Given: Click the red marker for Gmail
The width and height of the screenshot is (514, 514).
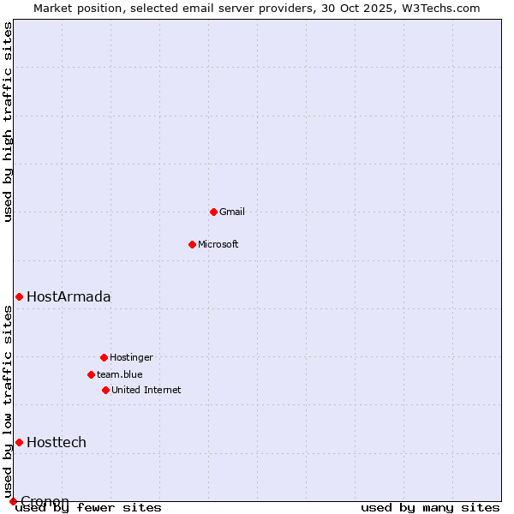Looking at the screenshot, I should (x=213, y=212).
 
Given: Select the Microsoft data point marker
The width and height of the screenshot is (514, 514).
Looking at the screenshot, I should (x=192, y=244).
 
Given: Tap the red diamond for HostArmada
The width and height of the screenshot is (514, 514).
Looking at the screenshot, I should (x=19, y=296).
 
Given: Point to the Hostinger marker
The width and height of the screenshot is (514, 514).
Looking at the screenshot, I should (x=104, y=357).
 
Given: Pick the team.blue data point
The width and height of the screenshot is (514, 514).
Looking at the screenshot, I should (x=91, y=374).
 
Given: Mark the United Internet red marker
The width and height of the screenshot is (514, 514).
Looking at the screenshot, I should (x=105, y=390).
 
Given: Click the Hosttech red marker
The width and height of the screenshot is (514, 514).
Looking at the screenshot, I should (x=19, y=442).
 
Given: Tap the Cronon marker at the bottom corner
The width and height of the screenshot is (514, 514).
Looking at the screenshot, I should (x=13, y=501).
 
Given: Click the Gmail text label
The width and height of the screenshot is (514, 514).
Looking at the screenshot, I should (x=232, y=212).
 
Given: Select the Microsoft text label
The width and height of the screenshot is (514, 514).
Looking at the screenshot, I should (x=218, y=244).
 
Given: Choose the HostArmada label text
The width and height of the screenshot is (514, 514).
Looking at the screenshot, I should (x=69, y=297).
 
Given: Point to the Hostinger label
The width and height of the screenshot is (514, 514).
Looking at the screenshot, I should (x=131, y=357).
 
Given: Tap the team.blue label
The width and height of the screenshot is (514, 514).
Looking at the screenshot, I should (x=120, y=374).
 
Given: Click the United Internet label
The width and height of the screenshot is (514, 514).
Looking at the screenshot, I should (x=146, y=390).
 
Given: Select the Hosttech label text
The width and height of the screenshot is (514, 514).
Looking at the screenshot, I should (x=57, y=443).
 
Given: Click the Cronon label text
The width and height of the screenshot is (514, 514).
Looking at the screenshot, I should (x=45, y=501).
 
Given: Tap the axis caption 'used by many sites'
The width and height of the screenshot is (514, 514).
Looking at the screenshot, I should (x=430, y=508).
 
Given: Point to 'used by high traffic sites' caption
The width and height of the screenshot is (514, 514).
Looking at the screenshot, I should (x=8, y=122).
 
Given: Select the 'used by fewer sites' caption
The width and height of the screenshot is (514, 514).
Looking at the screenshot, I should (x=89, y=508).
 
